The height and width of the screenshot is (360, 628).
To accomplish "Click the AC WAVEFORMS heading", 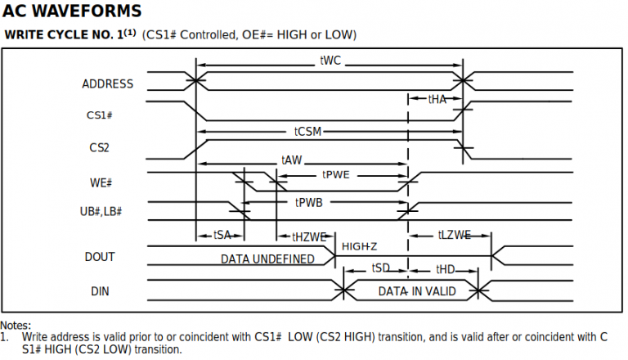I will tap(72, 11).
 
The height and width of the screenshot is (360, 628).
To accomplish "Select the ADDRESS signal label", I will tap(108, 83).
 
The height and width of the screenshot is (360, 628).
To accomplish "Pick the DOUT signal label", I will tap(100, 257).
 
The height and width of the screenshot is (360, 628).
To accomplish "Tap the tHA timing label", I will tap(437, 98).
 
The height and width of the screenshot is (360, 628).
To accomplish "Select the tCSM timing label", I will tap(310, 131).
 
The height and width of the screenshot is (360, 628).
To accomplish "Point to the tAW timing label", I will tap(291, 161).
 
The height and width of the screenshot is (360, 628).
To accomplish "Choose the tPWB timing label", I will tap(309, 202).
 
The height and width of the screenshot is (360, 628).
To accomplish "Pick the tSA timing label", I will tap(222, 235).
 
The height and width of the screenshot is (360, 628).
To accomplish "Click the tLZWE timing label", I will tap(455, 235).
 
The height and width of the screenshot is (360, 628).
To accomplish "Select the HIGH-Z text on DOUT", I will tap(360, 246).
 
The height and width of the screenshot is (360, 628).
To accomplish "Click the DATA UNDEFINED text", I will tap(267, 259).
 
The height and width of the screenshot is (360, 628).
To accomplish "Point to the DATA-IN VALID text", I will tap(416, 291).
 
